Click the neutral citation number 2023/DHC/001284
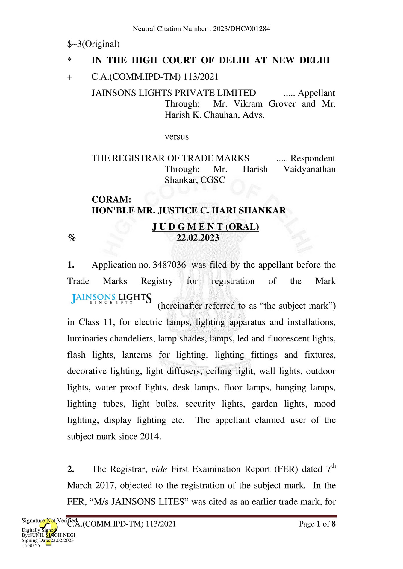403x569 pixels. [x=241, y=29]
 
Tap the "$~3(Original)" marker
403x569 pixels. [x=93, y=44]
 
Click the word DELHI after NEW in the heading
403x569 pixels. [x=314, y=60]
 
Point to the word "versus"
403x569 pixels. [x=177, y=137]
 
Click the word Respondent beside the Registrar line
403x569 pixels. [x=313, y=158]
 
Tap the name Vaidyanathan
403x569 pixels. [x=309, y=170]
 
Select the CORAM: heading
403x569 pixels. [x=111, y=199]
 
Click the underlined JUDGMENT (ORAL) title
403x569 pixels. [x=205, y=227]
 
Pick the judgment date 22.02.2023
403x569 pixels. [x=198, y=238]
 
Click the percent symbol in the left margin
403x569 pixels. [x=72, y=238]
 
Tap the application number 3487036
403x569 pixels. [x=169, y=265]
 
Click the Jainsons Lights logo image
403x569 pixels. [x=111, y=298]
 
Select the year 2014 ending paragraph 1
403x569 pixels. [x=151, y=437]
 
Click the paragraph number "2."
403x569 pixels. [x=71, y=469]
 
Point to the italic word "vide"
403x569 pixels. [x=159, y=469]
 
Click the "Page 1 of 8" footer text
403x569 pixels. [x=317, y=524]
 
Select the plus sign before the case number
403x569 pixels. [x=70, y=77]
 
